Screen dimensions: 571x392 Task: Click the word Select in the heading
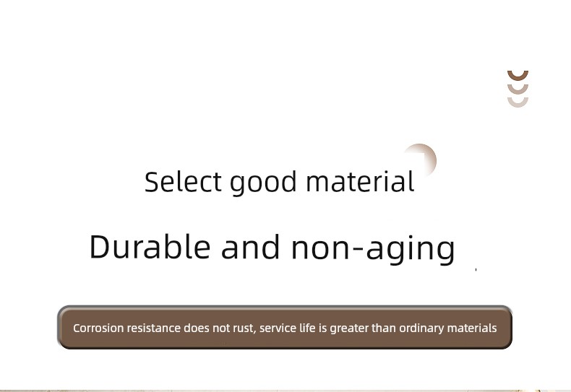(183, 181)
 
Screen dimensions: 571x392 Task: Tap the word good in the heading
(263, 183)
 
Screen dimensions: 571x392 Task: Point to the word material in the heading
(360, 181)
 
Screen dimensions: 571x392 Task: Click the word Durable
(150, 247)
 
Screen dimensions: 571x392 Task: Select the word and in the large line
(251, 247)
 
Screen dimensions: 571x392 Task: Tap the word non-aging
(373, 249)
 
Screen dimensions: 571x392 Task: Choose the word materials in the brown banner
(471, 328)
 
